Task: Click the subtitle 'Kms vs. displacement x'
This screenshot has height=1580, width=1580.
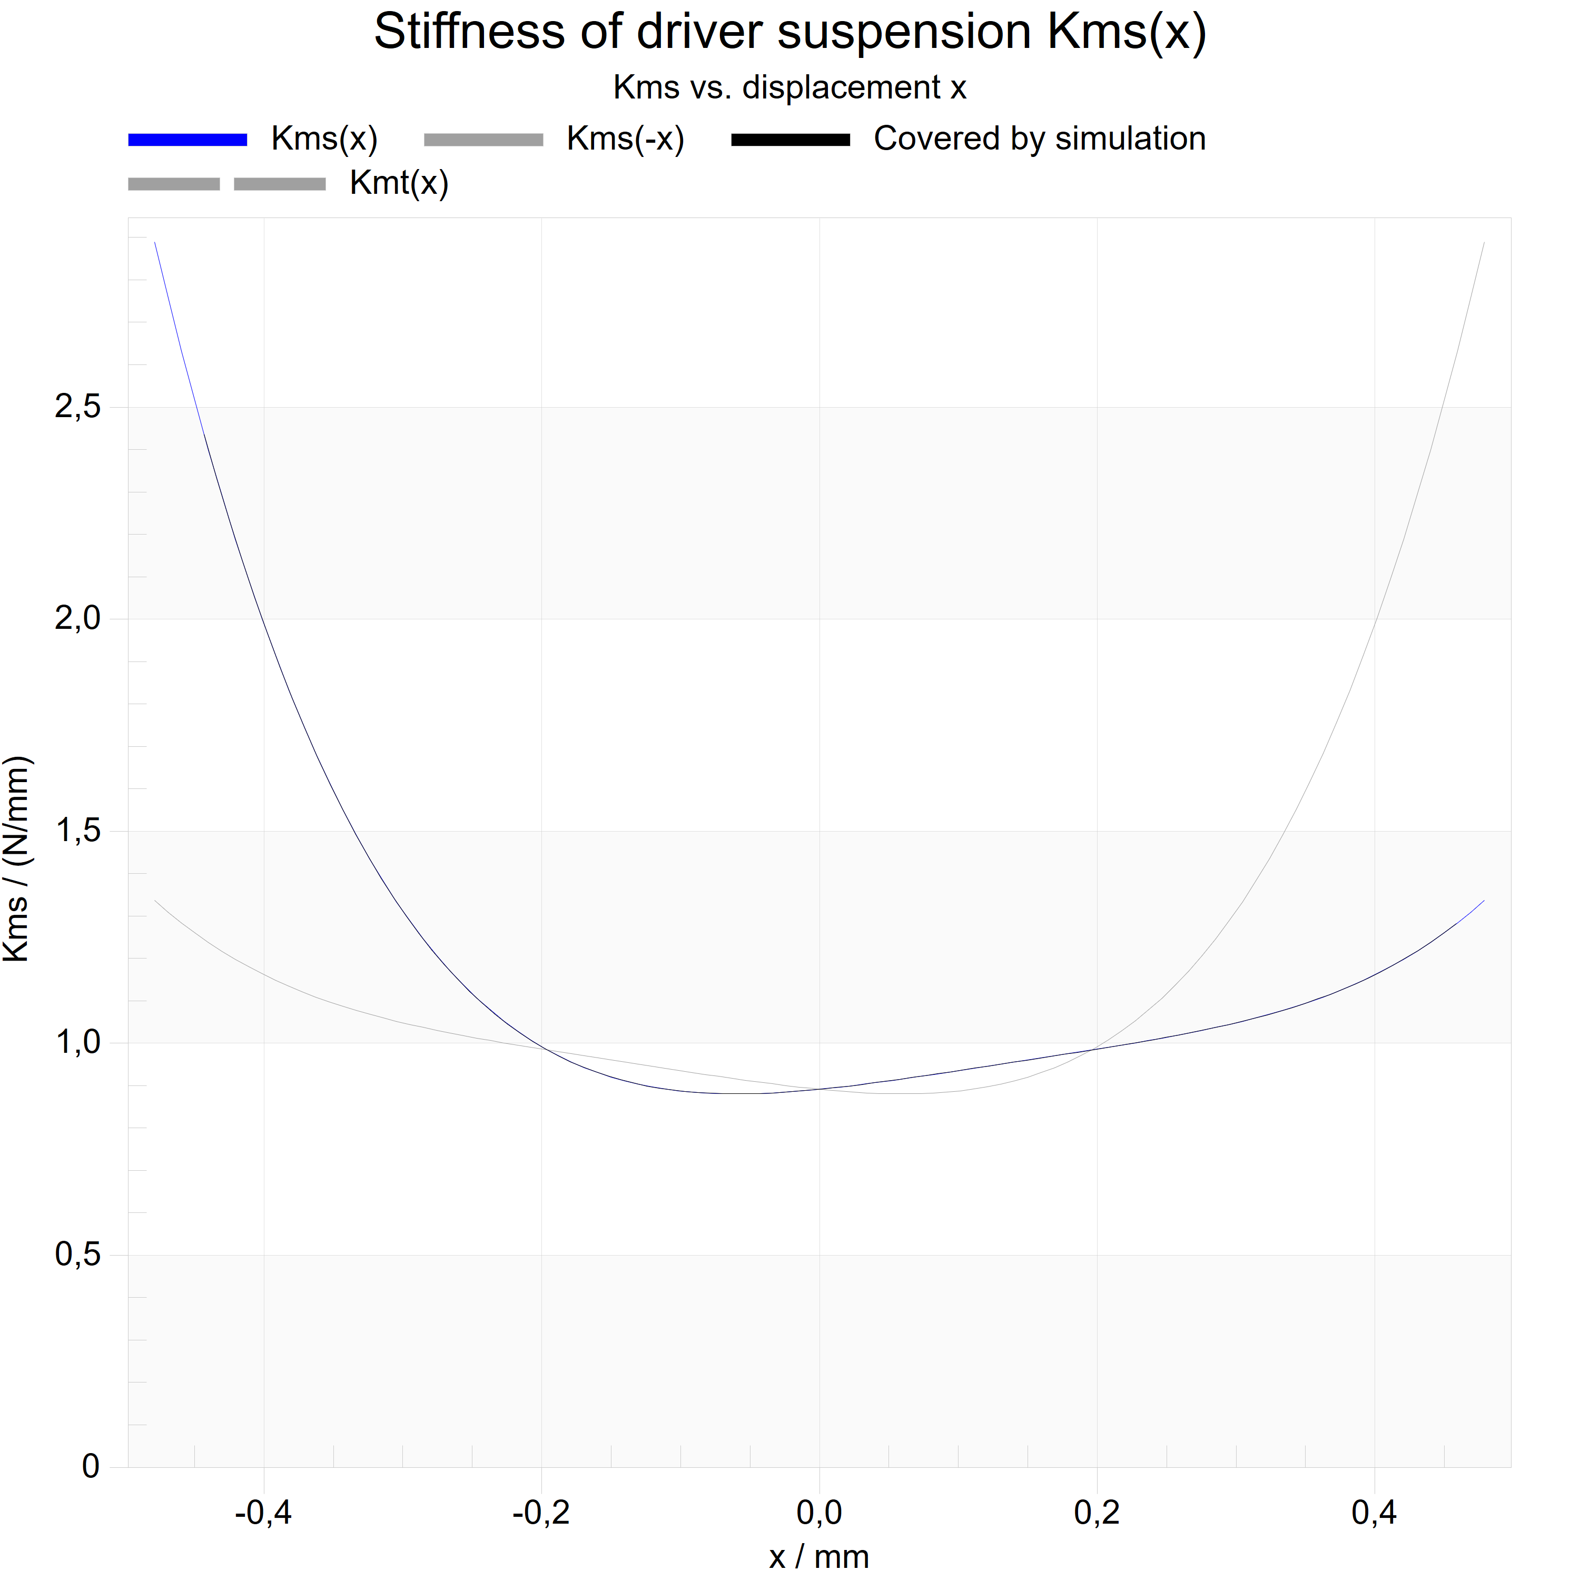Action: [x=790, y=87]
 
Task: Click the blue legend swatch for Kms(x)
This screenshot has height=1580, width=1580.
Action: [x=187, y=140]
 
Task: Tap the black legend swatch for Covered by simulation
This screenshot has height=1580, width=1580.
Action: [x=791, y=140]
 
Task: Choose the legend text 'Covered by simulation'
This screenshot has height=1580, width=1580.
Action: [x=1040, y=139]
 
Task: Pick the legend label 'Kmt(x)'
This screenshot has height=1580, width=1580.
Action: [x=399, y=183]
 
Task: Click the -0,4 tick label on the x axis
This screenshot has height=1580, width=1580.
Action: [x=263, y=1514]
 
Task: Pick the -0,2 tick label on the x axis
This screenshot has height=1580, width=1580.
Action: [x=541, y=1514]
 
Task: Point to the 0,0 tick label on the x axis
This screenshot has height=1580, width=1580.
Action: [x=819, y=1514]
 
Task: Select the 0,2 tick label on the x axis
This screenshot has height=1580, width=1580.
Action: [x=1097, y=1514]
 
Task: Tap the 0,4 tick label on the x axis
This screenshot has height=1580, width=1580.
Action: [x=1375, y=1514]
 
